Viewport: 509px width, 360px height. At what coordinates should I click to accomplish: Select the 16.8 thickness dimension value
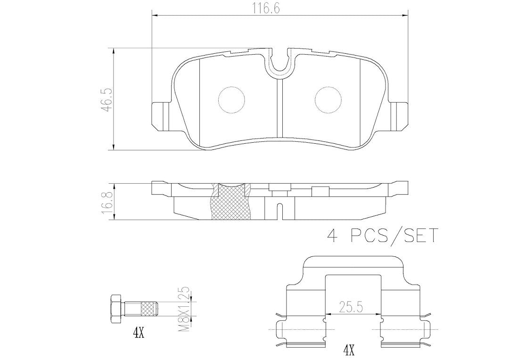coord(107,202)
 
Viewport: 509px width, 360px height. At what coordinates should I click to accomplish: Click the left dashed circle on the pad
coord(232,100)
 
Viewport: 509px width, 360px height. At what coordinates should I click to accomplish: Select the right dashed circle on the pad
coord(328,100)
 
